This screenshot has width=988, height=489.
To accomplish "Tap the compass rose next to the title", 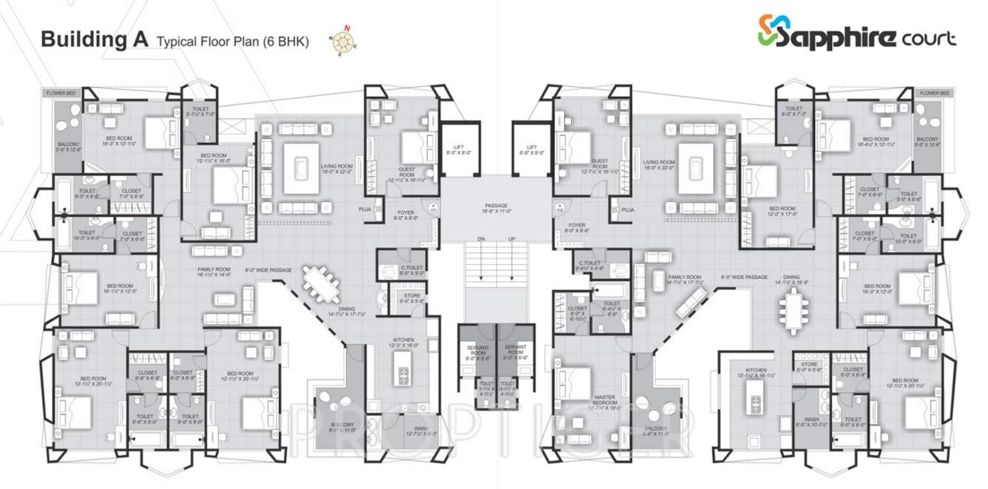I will point(342,41).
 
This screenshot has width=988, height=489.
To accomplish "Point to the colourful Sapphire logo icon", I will point(769,31).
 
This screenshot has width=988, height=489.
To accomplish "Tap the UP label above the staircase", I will point(512,240).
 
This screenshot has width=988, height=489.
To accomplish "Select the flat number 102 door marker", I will point(560,208).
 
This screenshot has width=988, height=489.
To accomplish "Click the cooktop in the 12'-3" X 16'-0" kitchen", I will point(405,375).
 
